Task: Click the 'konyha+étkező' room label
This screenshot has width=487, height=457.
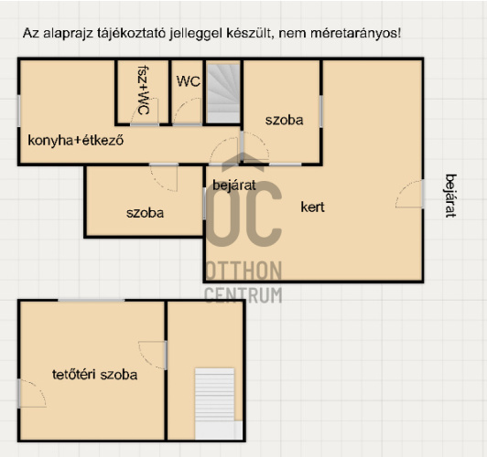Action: coord(76,141)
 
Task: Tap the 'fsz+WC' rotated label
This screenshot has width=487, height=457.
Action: coord(144,90)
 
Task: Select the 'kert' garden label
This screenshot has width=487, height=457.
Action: coord(312,207)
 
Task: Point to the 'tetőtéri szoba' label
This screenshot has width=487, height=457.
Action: coord(94,375)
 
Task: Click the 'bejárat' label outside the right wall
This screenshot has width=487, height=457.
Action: coord(451,196)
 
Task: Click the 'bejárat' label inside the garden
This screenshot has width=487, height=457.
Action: coord(234,186)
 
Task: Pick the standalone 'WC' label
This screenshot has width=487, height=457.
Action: coord(189,81)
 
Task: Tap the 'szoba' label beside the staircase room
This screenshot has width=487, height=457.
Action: coord(284,120)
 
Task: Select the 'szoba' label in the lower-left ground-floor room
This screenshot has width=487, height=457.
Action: coord(145,213)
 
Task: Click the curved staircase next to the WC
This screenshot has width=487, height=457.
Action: coord(223,93)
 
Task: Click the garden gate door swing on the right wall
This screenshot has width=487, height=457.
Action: coord(408,194)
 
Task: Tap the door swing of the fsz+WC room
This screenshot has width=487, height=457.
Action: coord(145,112)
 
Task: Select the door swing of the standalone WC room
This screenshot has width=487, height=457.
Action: coord(188,112)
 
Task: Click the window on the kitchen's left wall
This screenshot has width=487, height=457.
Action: coord(19,111)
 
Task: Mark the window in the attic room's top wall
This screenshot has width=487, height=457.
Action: coord(91,300)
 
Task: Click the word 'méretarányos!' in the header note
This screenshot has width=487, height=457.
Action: coord(355,33)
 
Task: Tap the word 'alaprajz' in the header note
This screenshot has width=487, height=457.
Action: coord(69,33)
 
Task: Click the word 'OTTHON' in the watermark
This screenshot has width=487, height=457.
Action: coord(243,271)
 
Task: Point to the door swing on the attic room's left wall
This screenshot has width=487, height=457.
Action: coord(32,393)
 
